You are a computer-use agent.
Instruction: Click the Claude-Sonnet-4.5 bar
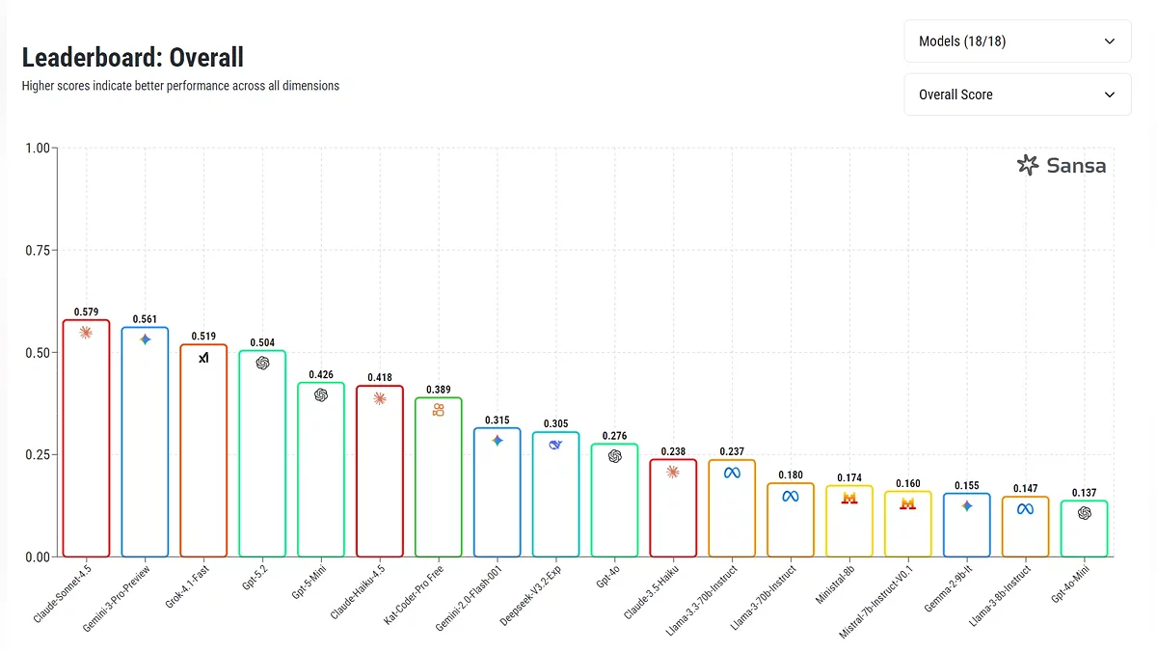(x=86, y=439)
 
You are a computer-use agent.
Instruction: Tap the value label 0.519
(x=203, y=337)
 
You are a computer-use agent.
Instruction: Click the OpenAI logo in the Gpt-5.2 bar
(x=262, y=363)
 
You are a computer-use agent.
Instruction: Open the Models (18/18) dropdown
(x=1017, y=41)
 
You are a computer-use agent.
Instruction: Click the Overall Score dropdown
(x=1017, y=95)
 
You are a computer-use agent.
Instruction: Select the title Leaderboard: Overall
(x=133, y=57)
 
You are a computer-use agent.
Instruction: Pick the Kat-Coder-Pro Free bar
(x=439, y=477)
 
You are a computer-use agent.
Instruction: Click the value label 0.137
(x=1085, y=493)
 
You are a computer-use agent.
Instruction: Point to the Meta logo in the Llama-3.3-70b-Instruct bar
(x=732, y=473)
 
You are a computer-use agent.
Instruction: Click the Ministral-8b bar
(x=849, y=521)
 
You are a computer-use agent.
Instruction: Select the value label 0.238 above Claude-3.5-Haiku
(x=673, y=451)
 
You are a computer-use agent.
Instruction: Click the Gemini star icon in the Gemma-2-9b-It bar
(x=967, y=505)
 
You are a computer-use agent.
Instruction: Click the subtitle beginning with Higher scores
(x=180, y=86)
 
